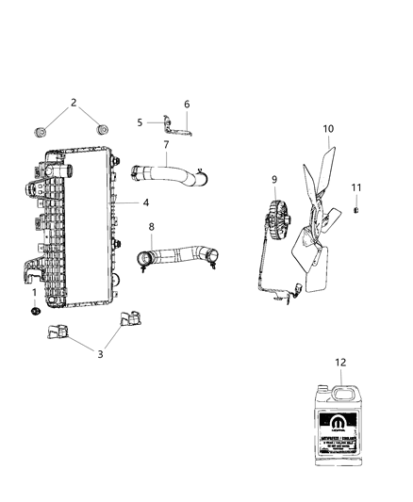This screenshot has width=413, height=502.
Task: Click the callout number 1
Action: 35,293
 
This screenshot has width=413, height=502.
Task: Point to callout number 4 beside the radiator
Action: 146,202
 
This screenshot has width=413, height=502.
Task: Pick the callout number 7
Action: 140,122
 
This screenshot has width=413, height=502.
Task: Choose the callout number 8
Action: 186,104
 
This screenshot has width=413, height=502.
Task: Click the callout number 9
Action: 166,144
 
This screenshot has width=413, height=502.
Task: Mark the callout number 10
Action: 151,227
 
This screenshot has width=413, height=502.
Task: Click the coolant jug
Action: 357,188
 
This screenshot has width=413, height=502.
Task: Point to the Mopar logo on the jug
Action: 340,361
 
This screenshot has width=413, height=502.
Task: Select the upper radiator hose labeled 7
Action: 170,173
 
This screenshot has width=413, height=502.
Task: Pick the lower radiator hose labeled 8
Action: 179,255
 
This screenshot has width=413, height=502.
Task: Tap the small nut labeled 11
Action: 357,210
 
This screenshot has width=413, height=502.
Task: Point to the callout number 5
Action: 140,122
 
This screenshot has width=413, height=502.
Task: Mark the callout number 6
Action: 186,104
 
